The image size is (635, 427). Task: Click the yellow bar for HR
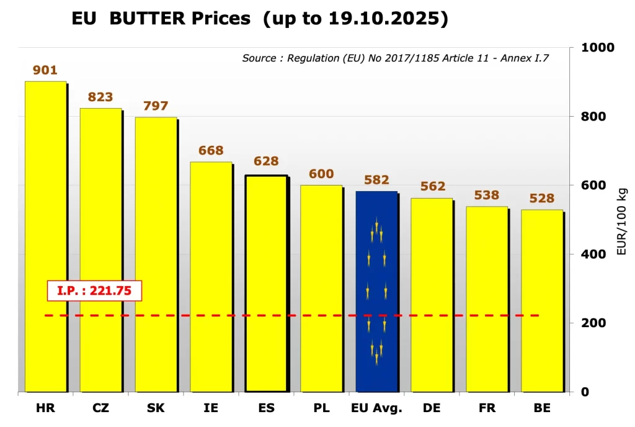45,236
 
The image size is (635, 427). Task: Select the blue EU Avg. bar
376,292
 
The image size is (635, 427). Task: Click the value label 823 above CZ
100,97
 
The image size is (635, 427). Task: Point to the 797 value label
156,106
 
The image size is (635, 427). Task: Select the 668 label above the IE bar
211,151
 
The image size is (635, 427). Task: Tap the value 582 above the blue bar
376,180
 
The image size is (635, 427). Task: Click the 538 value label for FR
487,196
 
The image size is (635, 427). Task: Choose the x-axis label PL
321,408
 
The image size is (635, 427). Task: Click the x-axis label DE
432,408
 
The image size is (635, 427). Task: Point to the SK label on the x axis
156,408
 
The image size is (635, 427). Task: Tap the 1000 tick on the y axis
597,48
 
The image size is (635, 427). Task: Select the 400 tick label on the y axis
593,254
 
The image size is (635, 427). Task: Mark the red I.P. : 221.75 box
95,290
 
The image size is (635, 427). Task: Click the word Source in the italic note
259,58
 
